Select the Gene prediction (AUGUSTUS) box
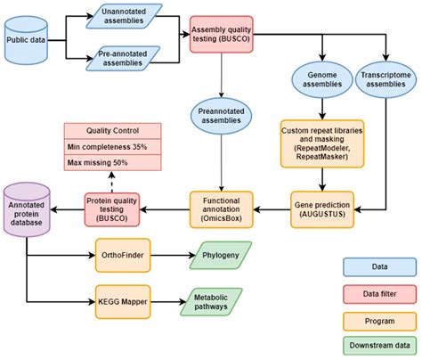324,210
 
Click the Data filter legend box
379,291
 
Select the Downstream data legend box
379,343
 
